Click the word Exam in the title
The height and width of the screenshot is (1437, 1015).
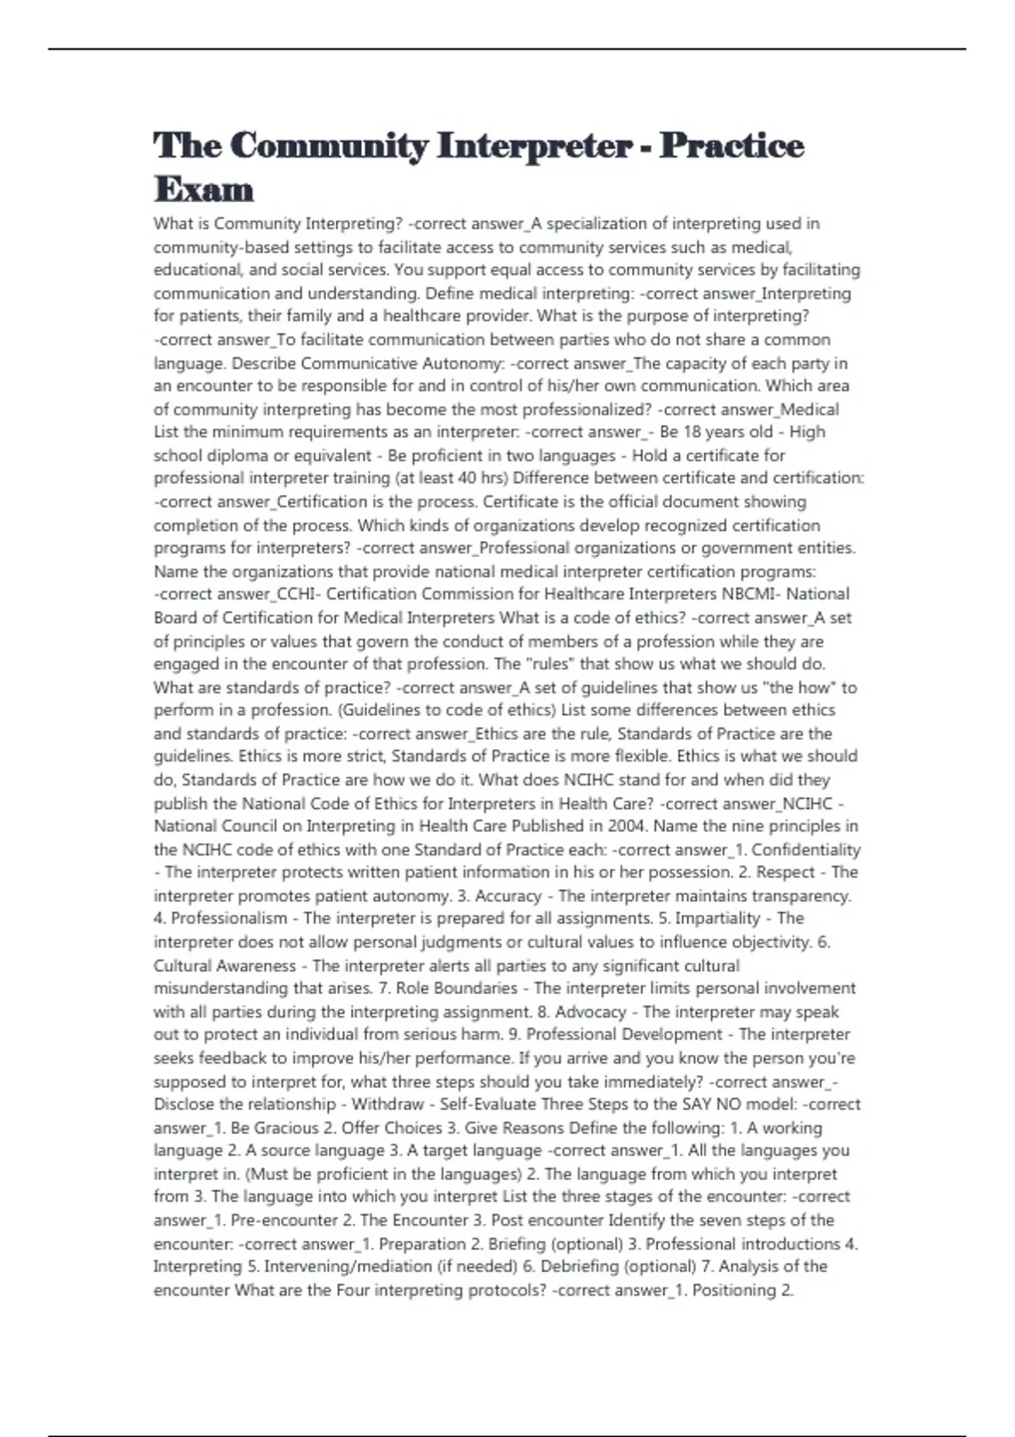(204, 189)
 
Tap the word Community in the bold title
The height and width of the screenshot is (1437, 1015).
(329, 145)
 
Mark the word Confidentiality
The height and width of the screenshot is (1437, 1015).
(805, 850)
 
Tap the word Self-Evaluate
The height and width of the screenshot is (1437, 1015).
(487, 1105)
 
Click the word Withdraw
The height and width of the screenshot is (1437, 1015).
(387, 1105)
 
